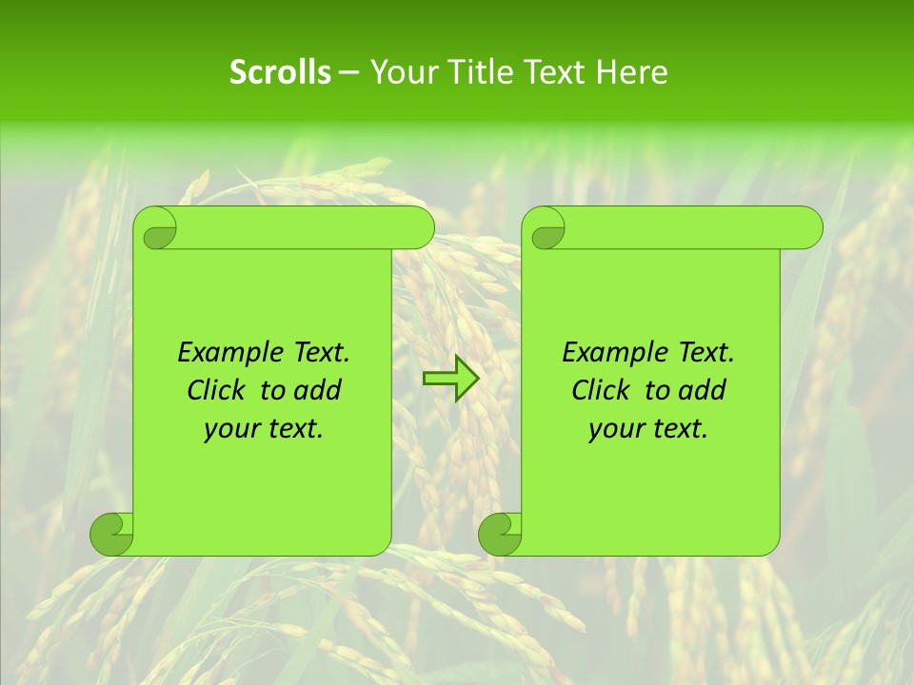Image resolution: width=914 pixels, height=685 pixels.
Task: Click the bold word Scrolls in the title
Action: pos(280,72)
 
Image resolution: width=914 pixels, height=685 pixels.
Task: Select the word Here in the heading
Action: pos(632,72)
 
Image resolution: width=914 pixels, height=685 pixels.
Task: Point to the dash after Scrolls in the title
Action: pos(348,73)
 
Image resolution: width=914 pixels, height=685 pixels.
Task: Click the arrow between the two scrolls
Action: pos(450,379)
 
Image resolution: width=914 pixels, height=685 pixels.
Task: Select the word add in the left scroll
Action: pos(319,391)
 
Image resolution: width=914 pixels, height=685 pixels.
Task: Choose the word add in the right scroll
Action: pos(704,391)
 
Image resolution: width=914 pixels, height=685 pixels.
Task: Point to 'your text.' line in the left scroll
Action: pos(263,429)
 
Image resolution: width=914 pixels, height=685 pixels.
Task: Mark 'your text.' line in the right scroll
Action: pos(647,429)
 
